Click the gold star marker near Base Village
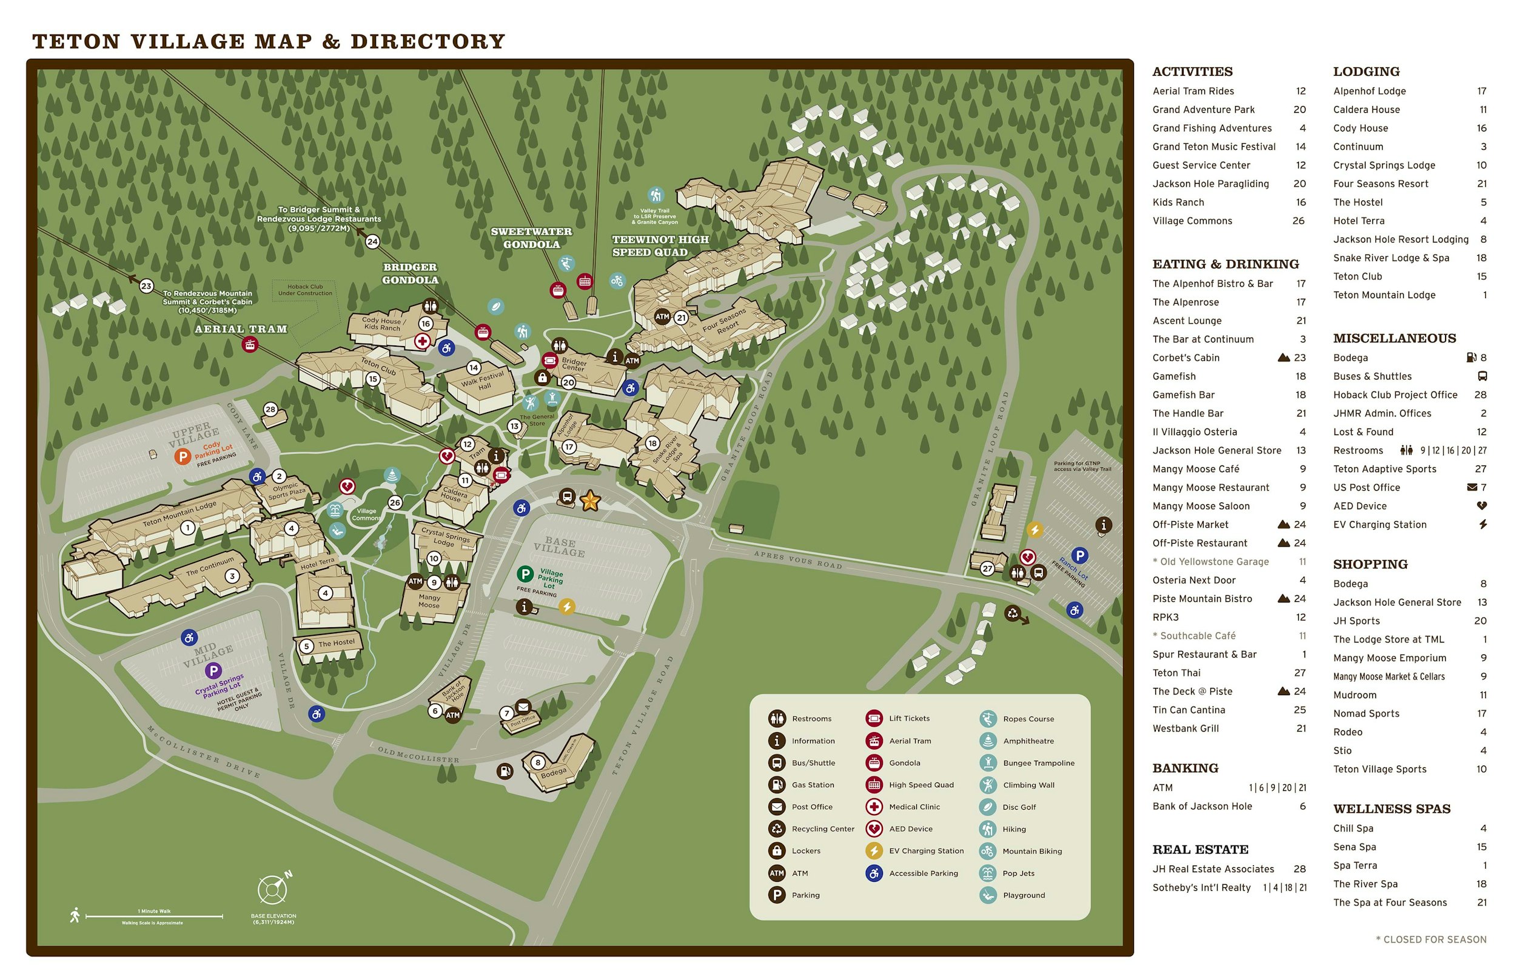(x=589, y=501)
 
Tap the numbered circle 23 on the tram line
(x=146, y=285)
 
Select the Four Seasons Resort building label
(x=724, y=322)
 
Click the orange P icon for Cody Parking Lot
(x=183, y=456)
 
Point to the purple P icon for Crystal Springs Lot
(x=213, y=671)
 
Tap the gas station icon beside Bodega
(x=505, y=772)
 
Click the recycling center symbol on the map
(x=1012, y=613)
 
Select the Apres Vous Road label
(x=797, y=559)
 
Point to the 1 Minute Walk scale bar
(x=154, y=916)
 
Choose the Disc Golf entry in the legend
(x=1019, y=807)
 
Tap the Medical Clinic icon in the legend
(x=874, y=807)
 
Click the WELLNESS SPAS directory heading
(x=1391, y=809)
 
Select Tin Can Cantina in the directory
(x=1188, y=710)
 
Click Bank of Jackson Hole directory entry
(x=1201, y=805)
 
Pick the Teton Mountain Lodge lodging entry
(x=1384, y=295)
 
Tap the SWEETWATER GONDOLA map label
(x=531, y=238)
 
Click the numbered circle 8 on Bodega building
(x=538, y=762)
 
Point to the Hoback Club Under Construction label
(x=305, y=290)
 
